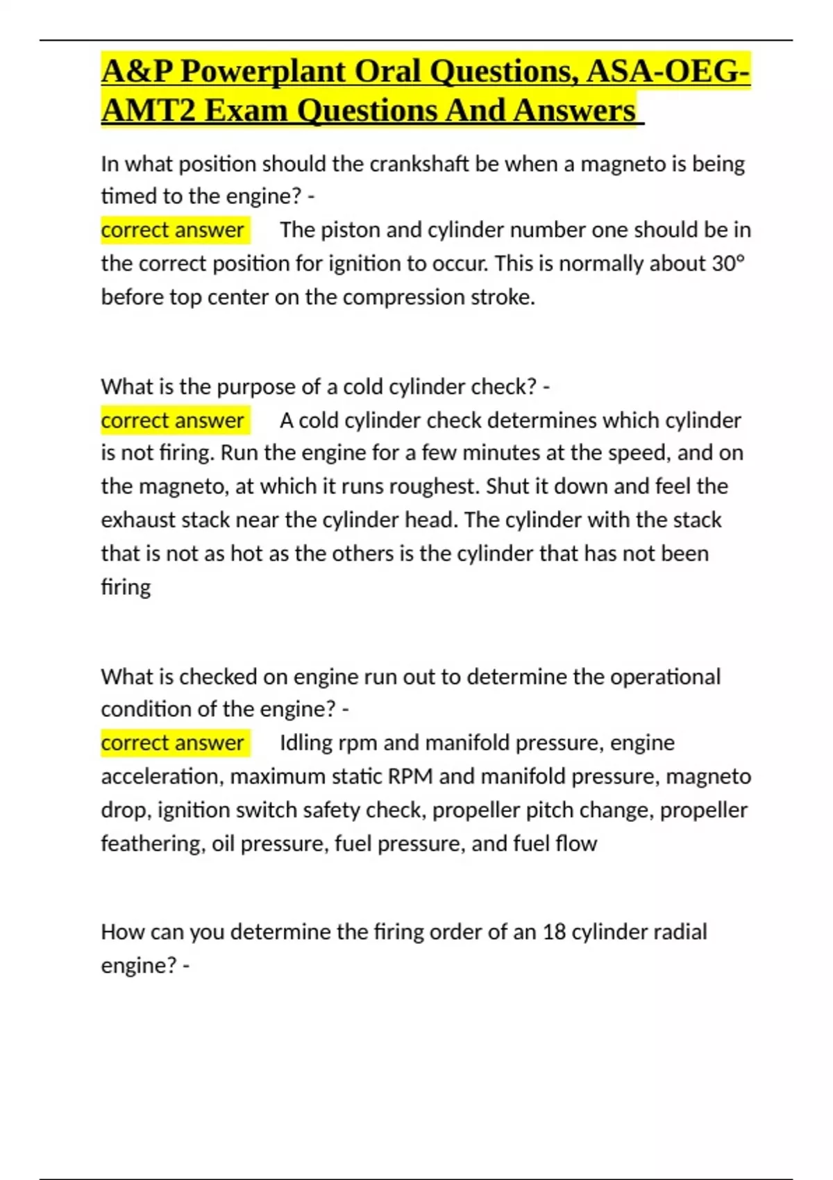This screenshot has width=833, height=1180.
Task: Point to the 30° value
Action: point(728,264)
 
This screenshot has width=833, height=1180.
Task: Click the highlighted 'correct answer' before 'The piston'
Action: point(172,230)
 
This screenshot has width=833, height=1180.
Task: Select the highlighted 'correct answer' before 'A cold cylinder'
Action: point(172,421)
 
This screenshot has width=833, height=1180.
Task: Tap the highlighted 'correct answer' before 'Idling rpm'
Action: point(172,743)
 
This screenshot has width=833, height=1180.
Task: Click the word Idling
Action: point(306,743)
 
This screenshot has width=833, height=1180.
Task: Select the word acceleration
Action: point(162,777)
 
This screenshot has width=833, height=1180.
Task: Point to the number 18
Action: point(555,932)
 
